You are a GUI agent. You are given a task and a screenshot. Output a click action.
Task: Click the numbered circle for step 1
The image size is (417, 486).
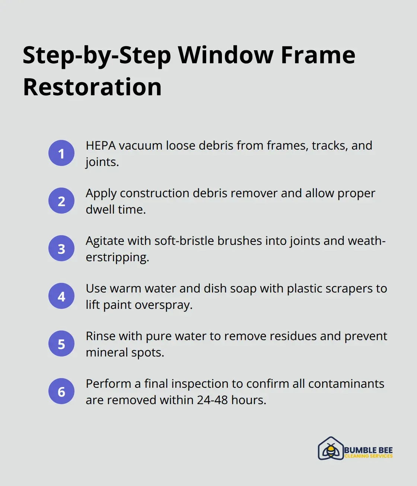point(61,153)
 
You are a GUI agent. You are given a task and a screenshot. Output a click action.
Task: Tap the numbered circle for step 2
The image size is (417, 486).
point(61,201)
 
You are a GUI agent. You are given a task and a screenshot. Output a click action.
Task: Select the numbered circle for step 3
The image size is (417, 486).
point(61,248)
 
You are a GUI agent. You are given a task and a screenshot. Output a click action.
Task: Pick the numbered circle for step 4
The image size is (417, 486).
point(61,296)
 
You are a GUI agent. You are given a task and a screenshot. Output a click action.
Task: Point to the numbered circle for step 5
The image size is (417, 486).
point(61,343)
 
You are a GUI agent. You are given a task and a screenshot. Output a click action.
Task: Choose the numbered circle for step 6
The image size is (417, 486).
point(61,391)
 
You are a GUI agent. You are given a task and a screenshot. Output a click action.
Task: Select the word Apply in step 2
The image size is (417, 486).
point(101,194)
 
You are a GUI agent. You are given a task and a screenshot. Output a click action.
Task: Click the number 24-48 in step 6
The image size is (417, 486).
point(212,400)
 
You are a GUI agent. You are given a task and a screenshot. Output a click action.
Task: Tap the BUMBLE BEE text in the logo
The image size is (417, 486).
point(368,450)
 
